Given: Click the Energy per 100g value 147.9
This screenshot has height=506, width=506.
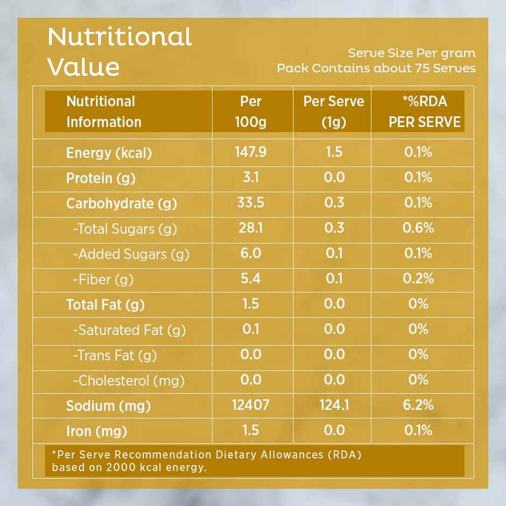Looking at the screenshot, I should point(250,152).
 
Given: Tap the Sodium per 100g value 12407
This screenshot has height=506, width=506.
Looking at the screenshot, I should point(250,405).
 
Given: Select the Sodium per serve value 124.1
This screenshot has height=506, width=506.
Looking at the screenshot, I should point(334,405).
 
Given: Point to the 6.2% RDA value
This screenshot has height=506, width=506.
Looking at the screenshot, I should point(418,405).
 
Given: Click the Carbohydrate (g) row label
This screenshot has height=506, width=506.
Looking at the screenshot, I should point(121,203).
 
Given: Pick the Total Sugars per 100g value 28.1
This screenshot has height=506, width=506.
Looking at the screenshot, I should point(250,228).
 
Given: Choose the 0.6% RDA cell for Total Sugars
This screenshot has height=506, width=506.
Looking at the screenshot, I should point(418,228).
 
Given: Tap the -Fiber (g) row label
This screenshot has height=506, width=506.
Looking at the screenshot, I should point(103,279).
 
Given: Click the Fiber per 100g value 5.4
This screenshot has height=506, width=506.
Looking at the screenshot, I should point(250,279).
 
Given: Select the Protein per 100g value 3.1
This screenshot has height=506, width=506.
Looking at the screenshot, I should point(250,177).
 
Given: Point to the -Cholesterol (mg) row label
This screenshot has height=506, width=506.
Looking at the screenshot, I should point(129,381).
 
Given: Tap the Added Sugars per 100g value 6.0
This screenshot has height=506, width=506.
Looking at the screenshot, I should point(250,254).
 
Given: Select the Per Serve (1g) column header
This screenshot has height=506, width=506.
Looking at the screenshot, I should point(334,111).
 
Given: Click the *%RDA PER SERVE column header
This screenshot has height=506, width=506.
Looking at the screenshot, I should point(425,111).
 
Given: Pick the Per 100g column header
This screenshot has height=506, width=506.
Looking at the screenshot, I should point(251,111).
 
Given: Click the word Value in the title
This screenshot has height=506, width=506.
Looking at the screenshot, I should point(83,67).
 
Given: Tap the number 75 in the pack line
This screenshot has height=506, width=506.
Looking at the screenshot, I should point(421,68).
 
